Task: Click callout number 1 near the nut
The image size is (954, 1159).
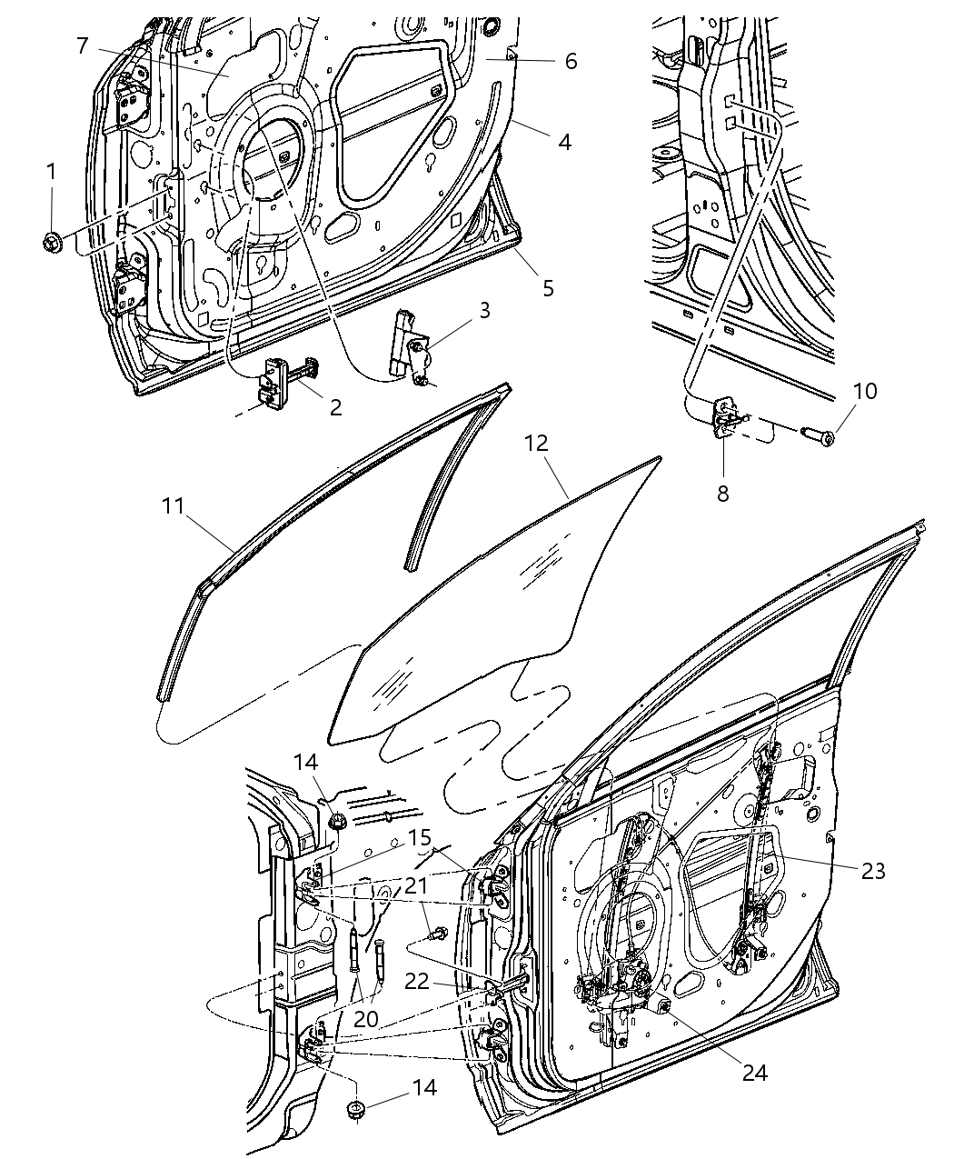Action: (51, 171)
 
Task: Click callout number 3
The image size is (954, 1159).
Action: (484, 311)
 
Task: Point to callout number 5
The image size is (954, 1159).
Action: (548, 288)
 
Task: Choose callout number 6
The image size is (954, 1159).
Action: (570, 61)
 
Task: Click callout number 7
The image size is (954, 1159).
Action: (82, 45)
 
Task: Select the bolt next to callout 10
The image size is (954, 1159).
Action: (820, 435)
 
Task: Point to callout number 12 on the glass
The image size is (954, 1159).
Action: (537, 445)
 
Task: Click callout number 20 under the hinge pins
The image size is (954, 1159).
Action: (365, 1019)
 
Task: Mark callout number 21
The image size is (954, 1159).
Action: (415, 884)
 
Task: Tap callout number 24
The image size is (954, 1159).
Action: (754, 1073)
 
